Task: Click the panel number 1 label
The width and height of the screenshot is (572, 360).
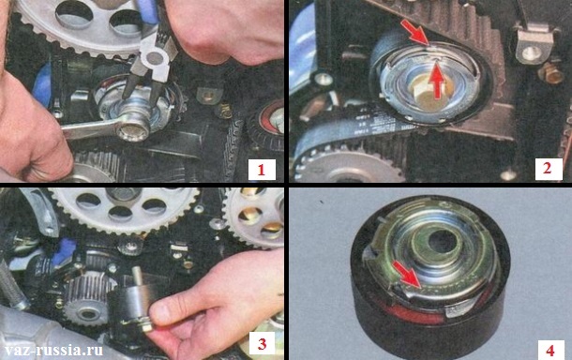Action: pyautogui.click(x=262, y=170)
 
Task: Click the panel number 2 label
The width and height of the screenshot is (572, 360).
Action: pyautogui.click(x=548, y=168)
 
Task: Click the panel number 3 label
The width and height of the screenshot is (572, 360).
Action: pyautogui.click(x=262, y=343)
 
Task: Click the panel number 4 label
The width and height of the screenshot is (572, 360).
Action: pyautogui.click(x=549, y=350)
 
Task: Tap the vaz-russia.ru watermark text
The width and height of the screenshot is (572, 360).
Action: pyautogui.click(x=52, y=351)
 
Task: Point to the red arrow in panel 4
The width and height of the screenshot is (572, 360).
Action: pyautogui.click(x=408, y=273)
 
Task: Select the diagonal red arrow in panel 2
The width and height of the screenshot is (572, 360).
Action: pyautogui.click(x=414, y=32)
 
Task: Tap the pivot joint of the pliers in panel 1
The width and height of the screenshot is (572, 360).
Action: pyautogui.click(x=154, y=57)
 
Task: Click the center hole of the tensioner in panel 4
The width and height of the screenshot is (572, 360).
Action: pyautogui.click(x=443, y=242)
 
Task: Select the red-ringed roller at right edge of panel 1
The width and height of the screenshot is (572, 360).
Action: pyautogui.click(x=267, y=127)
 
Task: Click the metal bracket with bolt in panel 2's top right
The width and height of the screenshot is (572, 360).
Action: pyautogui.click(x=533, y=43)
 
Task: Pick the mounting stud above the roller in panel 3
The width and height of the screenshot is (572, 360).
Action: pyautogui.click(x=138, y=276)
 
